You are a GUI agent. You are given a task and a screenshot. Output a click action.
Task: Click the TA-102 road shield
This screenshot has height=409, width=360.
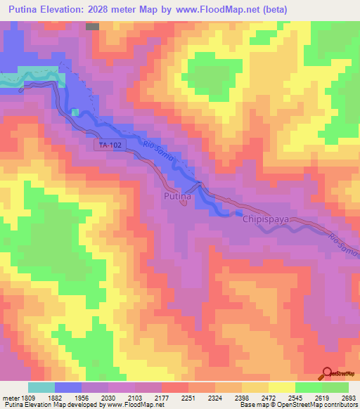[106, 145]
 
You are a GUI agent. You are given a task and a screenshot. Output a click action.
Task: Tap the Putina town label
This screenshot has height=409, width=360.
[176, 197]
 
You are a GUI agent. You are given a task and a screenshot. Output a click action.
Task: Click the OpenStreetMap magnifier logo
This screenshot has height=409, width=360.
[326, 373]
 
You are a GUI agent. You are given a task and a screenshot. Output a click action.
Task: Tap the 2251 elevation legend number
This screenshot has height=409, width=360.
[186, 396]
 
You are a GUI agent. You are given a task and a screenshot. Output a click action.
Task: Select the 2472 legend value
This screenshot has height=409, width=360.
[264, 396]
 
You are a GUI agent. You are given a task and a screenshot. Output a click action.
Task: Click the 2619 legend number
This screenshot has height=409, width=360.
[316, 396]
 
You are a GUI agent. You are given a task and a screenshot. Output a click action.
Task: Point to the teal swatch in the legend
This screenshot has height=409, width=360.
[41, 387]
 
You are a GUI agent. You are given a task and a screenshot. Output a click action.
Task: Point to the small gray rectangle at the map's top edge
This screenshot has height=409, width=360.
[92, 26]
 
